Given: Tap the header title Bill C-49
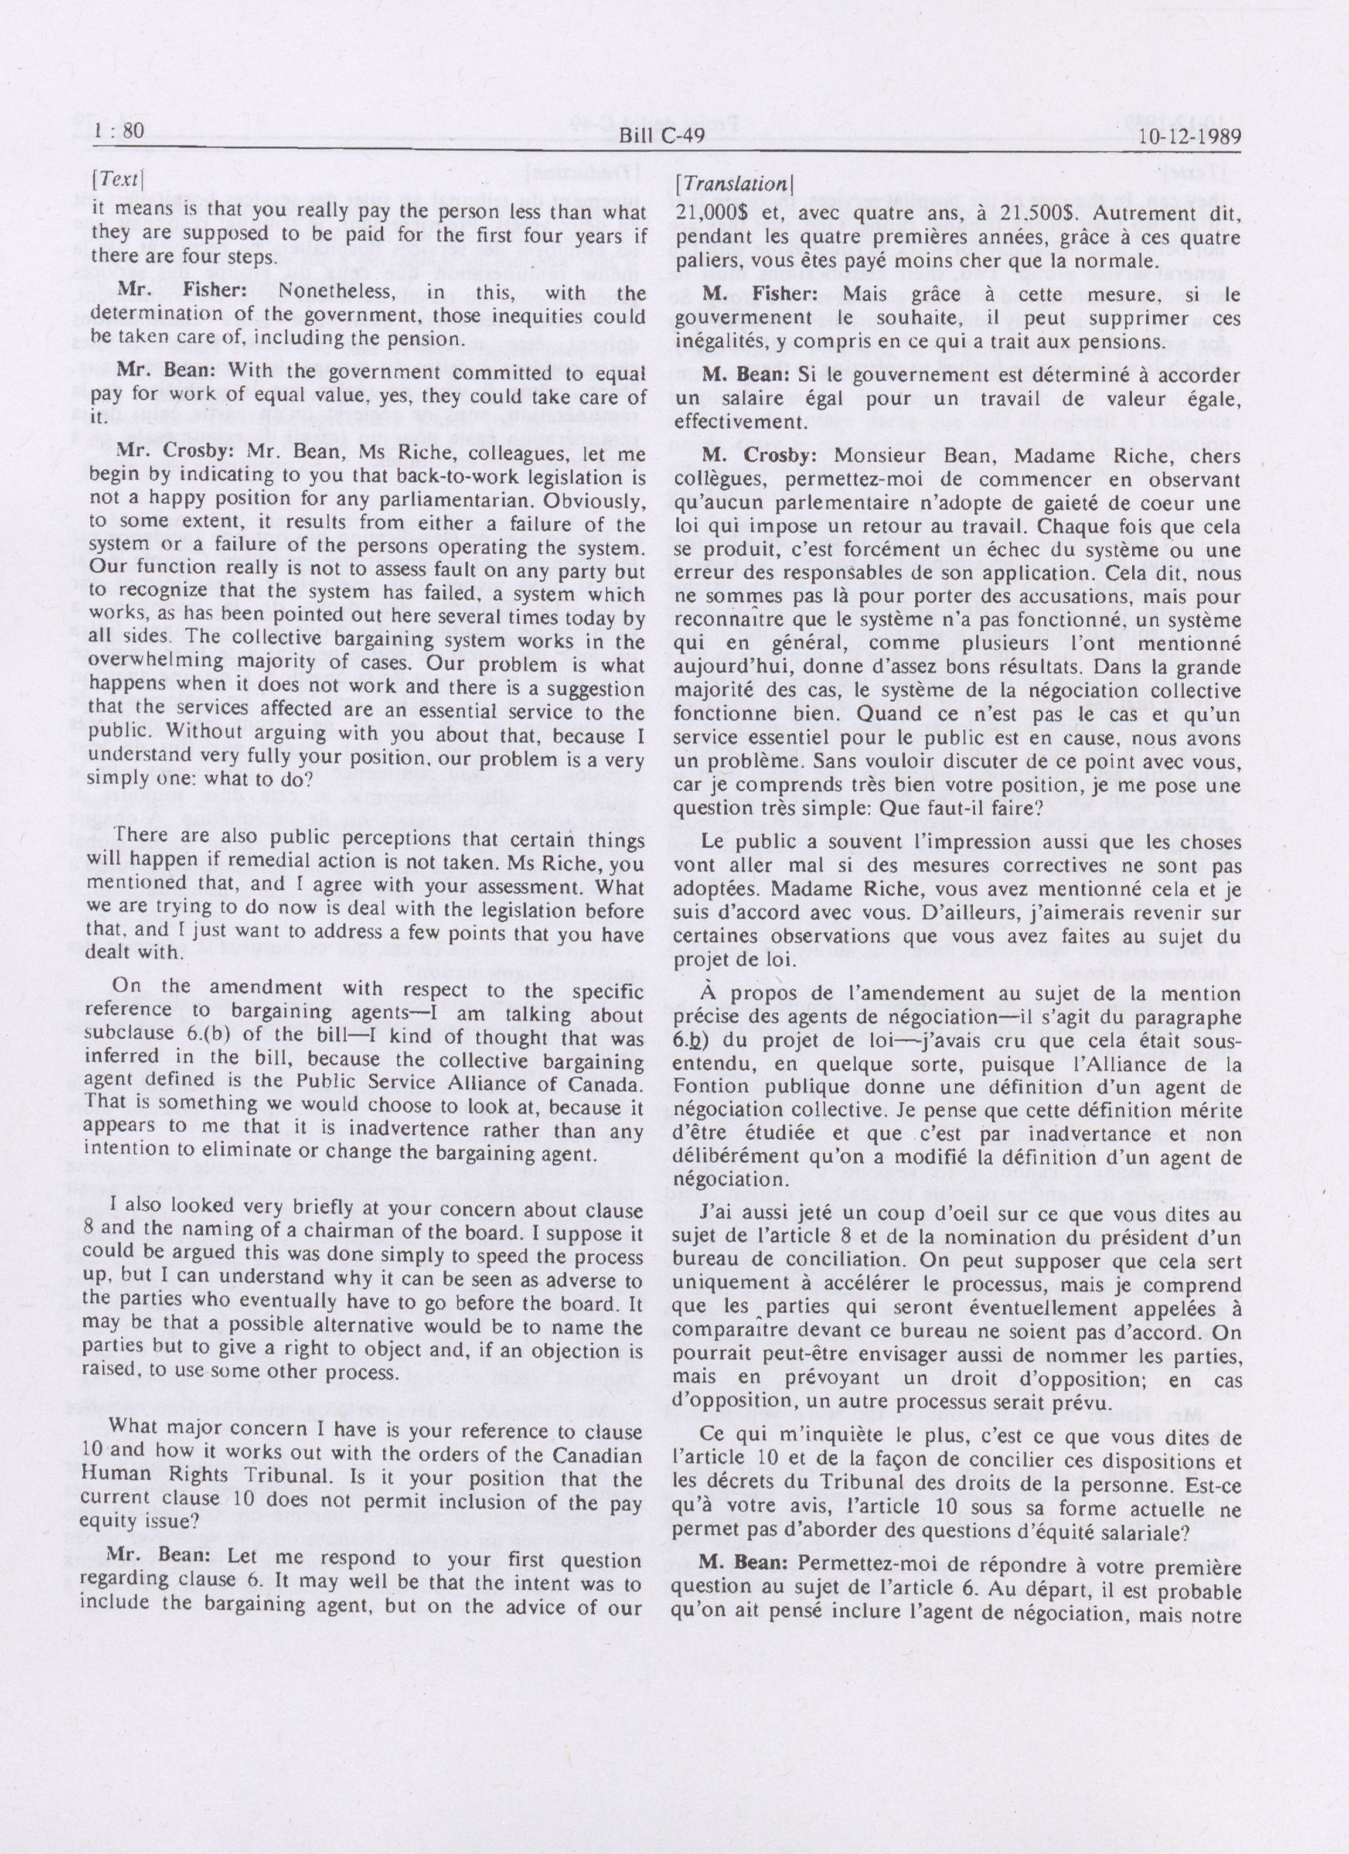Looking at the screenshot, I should coord(662,136).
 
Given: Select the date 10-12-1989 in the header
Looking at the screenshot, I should coord(1189,136).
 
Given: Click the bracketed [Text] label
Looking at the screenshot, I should coord(120,180).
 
